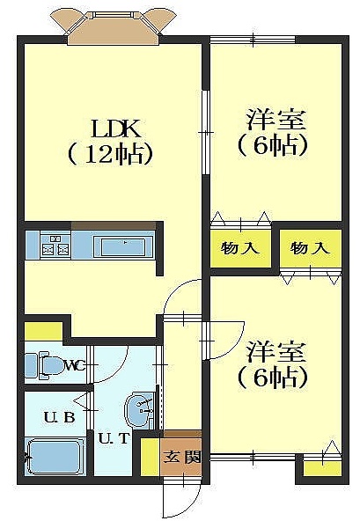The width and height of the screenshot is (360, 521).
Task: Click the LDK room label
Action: (x=116, y=128)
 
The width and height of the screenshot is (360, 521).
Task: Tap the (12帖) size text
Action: (x=110, y=154)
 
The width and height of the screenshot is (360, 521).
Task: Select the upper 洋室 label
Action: (x=276, y=120)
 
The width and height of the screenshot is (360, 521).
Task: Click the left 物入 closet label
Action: (x=240, y=248)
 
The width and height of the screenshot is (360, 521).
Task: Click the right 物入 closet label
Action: (x=310, y=248)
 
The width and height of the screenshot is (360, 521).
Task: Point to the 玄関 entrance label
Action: (x=182, y=458)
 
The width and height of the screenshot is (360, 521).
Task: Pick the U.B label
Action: (x=60, y=416)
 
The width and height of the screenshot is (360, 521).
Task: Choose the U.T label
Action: (x=114, y=438)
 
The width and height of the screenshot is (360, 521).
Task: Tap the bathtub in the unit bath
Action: (x=55, y=457)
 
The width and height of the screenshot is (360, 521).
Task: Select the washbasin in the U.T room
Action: (x=140, y=409)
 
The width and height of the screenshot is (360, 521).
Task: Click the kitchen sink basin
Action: (x=123, y=246)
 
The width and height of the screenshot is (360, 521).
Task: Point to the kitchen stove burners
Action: (x=55, y=246)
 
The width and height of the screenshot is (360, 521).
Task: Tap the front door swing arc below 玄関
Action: (x=182, y=498)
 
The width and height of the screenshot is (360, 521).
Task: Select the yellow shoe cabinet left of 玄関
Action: (x=151, y=458)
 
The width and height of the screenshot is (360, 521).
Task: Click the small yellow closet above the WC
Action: (x=43, y=331)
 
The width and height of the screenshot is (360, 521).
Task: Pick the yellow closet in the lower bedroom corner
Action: (x=323, y=468)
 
